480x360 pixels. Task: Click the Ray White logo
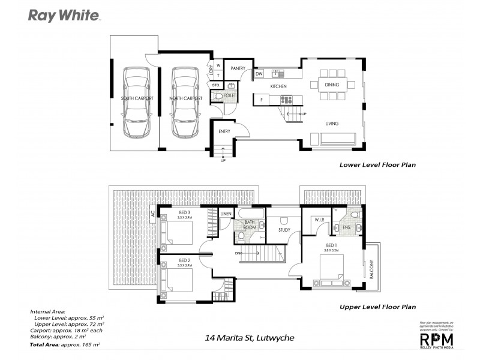64,15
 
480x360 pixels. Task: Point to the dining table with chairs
332,85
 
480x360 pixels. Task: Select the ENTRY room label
224,131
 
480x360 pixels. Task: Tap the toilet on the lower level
218,96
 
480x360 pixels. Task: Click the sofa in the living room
338,140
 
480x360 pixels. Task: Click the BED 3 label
185,212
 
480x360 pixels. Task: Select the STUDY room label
285,229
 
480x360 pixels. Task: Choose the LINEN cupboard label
226,214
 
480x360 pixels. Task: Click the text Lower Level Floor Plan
377,164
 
